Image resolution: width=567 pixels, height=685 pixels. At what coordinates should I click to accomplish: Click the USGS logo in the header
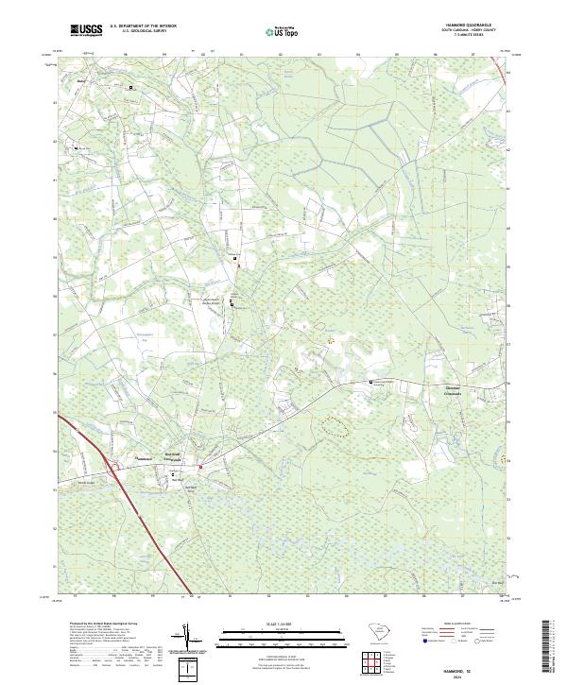click(x=87, y=30)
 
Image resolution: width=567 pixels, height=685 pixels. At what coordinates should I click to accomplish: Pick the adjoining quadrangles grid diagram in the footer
click(x=370, y=659)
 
